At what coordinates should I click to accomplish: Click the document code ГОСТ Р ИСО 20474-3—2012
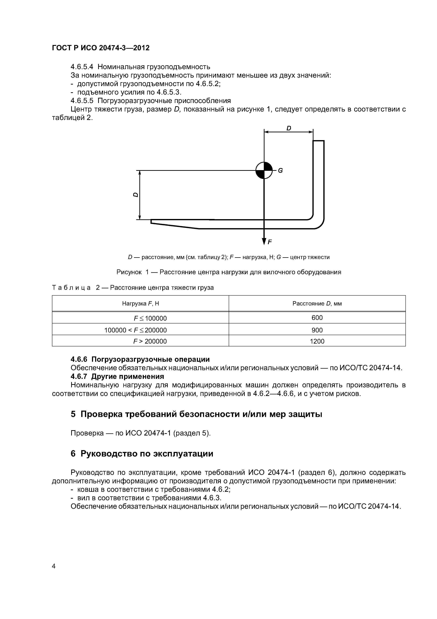click(101, 48)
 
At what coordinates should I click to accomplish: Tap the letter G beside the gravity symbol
click(280, 171)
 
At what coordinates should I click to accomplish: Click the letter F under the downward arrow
click(270, 242)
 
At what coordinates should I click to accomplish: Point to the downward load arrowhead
click(264, 241)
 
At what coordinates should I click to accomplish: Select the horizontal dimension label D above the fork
click(289, 128)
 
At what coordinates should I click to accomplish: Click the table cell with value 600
click(317, 318)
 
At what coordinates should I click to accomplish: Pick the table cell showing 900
click(317, 330)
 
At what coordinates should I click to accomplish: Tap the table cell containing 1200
click(317, 341)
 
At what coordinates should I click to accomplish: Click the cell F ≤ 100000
click(150, 318)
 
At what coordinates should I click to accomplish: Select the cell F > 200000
click(150, 341)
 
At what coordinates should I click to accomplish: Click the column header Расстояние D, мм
click(317, 304)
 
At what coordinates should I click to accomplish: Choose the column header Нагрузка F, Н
click(141, 304)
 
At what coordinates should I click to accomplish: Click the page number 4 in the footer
click(54, 566)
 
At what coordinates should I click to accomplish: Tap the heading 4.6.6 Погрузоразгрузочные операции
click(140, 359)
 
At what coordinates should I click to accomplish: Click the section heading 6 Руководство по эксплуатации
click(142, 453)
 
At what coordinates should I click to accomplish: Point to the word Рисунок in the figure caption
click(129, 272)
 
